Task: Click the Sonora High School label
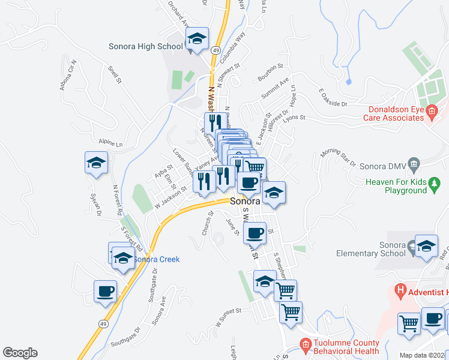tap(146, 46)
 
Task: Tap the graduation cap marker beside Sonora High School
tap(196, 40)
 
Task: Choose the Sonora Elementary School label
tap(387, 249)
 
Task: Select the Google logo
tap(20, 353)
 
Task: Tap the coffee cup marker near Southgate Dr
tap(106, 292)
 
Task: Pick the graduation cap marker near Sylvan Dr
tap(96, 163)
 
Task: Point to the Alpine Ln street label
tap(110, 143)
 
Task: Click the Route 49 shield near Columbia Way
tap(216, 50)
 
